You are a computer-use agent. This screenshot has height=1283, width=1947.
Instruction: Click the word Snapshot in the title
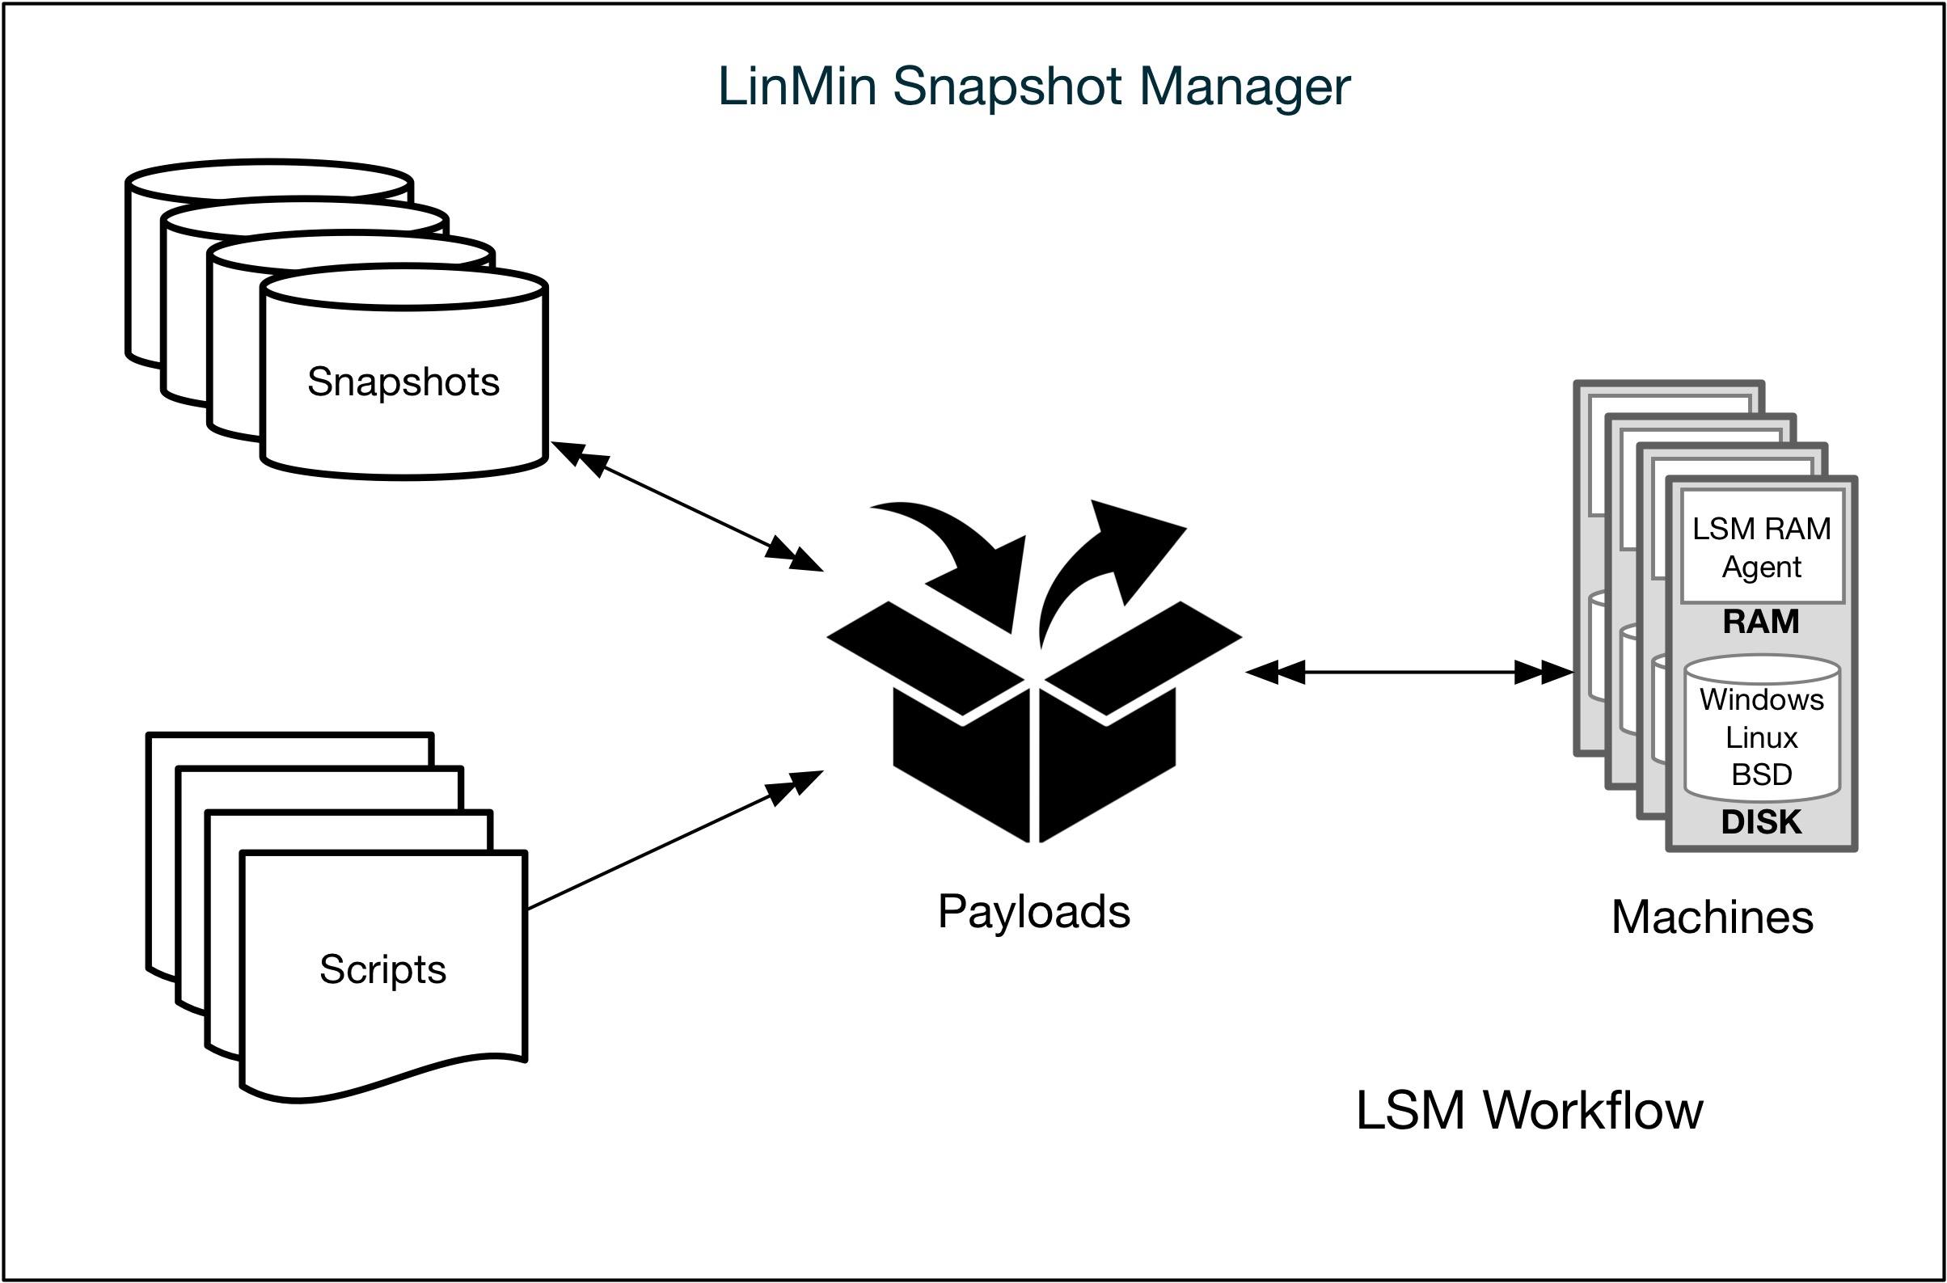click(1007, 87)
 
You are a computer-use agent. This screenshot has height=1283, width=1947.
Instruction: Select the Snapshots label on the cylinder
click(403, 382)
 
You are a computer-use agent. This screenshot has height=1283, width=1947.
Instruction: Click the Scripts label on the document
click(382, 969)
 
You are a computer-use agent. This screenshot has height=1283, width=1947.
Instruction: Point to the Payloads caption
click(1033, 911)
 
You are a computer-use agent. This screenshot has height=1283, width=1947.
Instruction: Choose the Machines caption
click(1713, 918)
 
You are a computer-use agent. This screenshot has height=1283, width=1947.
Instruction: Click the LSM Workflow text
click(1529, 1110)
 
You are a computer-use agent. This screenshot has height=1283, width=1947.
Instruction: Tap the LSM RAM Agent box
click(1762, 547)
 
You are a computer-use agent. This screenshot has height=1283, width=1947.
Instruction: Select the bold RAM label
click(1761, 622)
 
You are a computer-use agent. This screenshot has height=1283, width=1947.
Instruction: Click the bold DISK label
click(1761, 822)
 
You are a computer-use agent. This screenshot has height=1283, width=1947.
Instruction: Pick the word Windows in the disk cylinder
click(1762, 699)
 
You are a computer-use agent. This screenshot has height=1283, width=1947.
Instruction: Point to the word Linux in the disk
click(1762, 738)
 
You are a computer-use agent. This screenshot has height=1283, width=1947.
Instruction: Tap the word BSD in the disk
click(1762, 774)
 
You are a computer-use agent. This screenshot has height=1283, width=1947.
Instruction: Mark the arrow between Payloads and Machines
click(1408, 673)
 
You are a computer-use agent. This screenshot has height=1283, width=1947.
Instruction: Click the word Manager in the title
click(1244, 87)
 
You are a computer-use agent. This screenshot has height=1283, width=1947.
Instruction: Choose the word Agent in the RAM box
click(1761, 567)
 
